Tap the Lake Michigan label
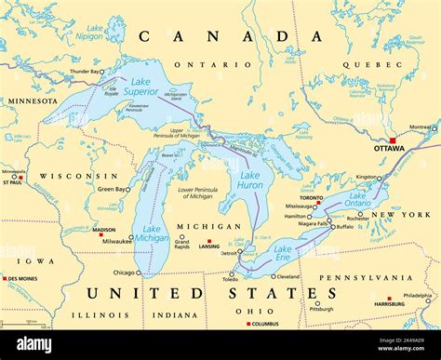point(152,233)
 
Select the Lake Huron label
point(249,180)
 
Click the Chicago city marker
point(139,273)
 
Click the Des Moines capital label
point(22,278)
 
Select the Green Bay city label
point(111,189)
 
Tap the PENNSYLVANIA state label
point(367,277)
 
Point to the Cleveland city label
point(287,276)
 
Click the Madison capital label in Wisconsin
point(104,230)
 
